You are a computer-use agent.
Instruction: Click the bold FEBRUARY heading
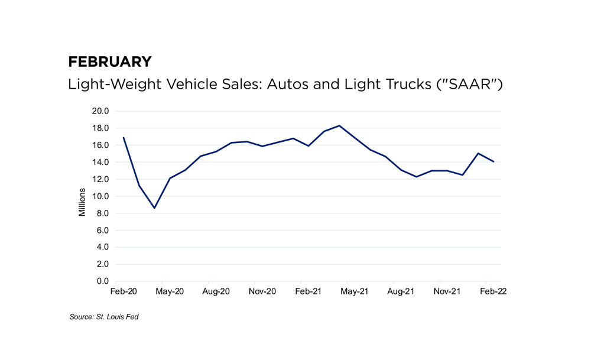point(110,62)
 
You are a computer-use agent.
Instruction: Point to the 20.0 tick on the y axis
point(100,111)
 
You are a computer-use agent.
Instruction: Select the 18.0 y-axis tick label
point(100,128)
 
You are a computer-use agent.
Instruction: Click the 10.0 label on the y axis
point(100,196)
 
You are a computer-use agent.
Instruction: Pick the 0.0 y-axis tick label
point(102,281)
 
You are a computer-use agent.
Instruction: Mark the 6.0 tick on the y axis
point(102,231)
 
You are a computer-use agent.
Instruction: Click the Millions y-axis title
point(82,202)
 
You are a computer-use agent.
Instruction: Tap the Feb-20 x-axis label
point(123,291)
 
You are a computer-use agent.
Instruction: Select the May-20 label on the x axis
point(169,291)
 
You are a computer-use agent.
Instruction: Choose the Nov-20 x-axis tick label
point(262,291)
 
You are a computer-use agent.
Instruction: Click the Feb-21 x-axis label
point(308,291)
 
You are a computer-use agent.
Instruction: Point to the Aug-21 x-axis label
point(401,291)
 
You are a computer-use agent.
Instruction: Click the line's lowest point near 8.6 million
point(154,208)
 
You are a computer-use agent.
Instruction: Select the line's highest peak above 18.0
point(339,125)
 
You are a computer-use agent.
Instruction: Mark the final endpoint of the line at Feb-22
point(493,161)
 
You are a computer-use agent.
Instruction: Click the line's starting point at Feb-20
point(123,138)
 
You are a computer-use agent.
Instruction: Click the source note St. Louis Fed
point(104,317)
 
